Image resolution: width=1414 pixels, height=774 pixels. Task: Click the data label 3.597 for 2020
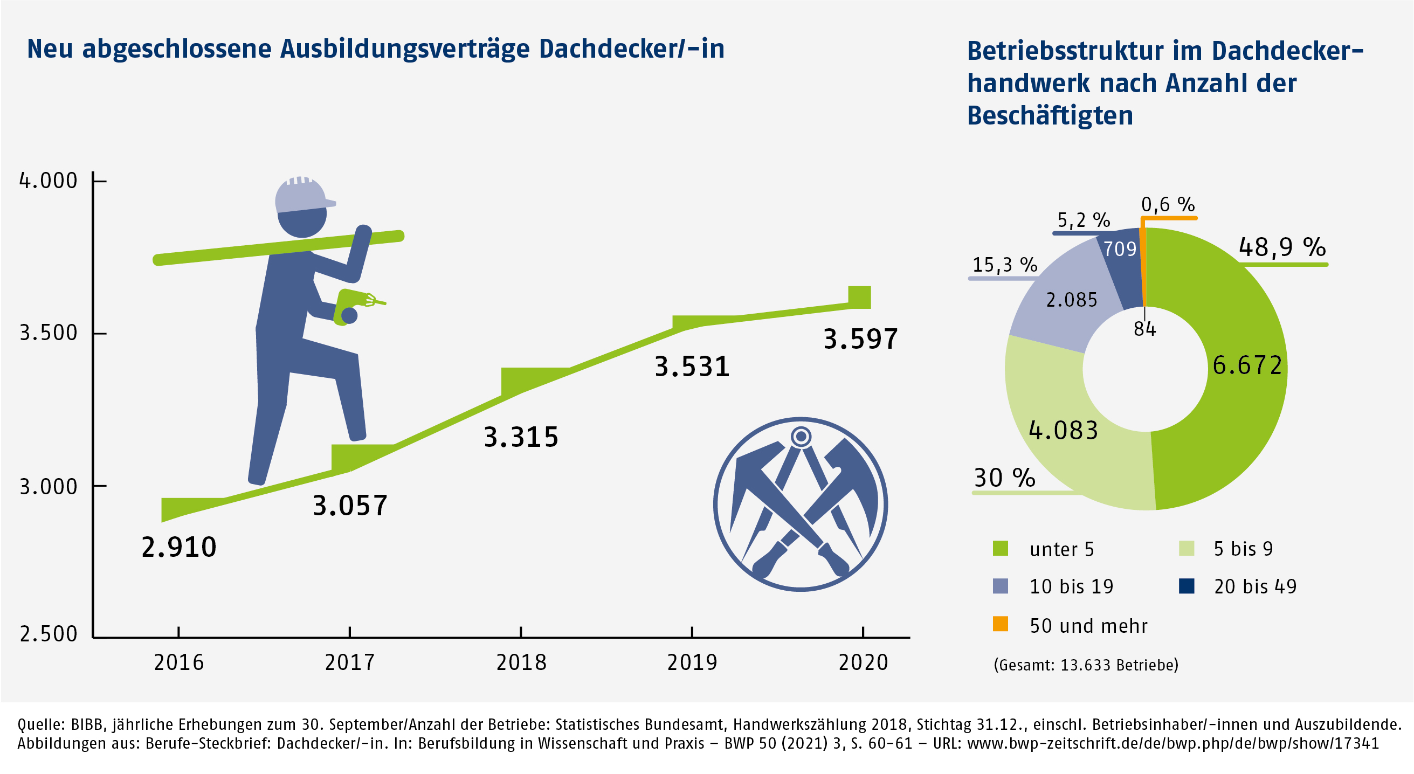point(860,338)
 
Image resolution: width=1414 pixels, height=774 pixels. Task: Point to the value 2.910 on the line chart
point(179,547)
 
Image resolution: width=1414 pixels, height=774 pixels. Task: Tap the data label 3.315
point(521,437)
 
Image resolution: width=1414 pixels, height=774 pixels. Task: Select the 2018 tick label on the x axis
point(521,662)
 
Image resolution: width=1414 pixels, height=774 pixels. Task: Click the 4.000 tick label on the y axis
point(49,181)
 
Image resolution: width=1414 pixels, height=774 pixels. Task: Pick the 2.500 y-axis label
point(49,633)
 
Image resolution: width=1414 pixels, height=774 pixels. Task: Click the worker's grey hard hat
point(302,195)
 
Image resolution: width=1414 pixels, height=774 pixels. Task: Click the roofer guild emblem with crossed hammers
point(801,504)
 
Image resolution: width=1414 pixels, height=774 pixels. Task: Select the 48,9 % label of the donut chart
point(1282,247)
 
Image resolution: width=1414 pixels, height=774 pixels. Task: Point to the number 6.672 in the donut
point(1247,365)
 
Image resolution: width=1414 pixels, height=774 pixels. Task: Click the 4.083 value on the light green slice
point(1063,430)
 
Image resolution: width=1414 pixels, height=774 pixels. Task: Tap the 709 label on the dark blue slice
point(1120,249)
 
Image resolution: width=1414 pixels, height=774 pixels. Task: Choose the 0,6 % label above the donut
point(1168,205)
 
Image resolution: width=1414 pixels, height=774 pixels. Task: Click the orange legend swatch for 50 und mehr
point(1000,624)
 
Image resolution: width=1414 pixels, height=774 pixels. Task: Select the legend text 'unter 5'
point(1061,549)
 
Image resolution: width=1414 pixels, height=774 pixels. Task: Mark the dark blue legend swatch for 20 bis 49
point(1186,586)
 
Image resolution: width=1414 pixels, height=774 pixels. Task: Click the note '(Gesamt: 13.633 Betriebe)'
point(1086,665)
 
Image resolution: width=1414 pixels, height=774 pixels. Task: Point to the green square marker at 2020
point(859,297)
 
